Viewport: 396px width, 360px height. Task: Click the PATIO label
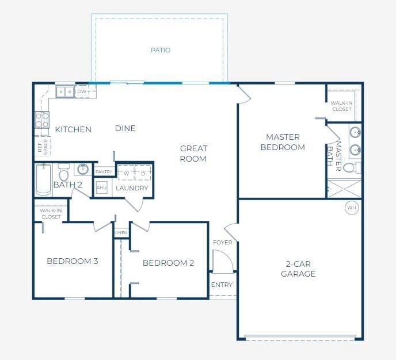coord(161,50)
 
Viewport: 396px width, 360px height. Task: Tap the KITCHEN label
coord(73,129)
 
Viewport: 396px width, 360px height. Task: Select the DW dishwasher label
coord(82,91)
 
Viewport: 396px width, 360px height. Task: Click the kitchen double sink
coord(64,91)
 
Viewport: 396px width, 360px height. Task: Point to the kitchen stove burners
coord(42,120)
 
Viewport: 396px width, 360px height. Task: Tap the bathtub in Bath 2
coord(43,179)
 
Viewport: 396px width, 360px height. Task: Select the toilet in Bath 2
coord(64,173)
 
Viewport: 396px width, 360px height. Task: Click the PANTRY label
coord(104,171)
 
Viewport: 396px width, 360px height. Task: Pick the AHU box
coord(101,188)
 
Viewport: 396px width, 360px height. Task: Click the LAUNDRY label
coord(132,188)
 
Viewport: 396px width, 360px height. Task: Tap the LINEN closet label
coord(121,233)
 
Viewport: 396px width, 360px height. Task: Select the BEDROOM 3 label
coord(72,261)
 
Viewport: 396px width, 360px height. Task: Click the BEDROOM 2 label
coord(168,263)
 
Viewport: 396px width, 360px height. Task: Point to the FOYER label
coord(222,242)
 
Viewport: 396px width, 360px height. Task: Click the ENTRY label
coord(222,285)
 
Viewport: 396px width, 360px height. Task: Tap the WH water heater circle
coord(351,208)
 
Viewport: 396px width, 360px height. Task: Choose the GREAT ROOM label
coord(193,154)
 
